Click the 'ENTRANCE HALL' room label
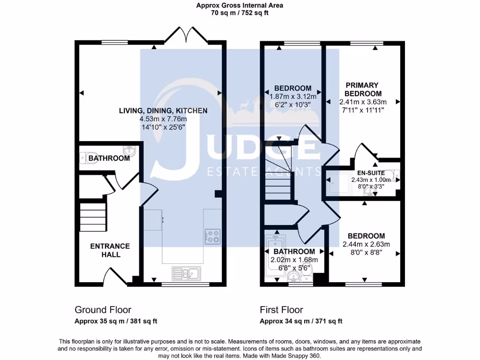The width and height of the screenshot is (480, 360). (x=110, y=250)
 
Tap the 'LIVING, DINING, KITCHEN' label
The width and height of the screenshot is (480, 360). (x=163, y=111)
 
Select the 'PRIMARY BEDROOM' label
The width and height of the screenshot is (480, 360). (x=362, y=89)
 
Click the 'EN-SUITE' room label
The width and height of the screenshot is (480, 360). (x=370, y=173)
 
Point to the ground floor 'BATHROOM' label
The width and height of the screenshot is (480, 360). (x=109, y=158)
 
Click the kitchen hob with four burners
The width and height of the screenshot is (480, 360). (x=212, y=236)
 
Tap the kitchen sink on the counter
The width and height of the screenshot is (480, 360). (x=186, y=273)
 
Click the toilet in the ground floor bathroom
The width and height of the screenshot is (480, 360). (x=83, y=158)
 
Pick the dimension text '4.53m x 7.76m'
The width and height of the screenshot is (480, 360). (x=163, y=119)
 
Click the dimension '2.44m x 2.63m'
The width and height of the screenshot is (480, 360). (x=366, y=244)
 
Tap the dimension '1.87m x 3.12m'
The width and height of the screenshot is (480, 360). (x=293, y=97)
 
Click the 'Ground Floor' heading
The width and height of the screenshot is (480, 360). (x=103, y=310)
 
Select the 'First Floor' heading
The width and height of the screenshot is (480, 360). (x=281, y=310)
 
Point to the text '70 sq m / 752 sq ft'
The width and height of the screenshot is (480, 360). (x=240, y=13)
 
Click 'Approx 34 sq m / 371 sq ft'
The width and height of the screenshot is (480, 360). (x=301, y=321)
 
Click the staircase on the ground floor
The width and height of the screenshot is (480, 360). (x=93, y=217)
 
